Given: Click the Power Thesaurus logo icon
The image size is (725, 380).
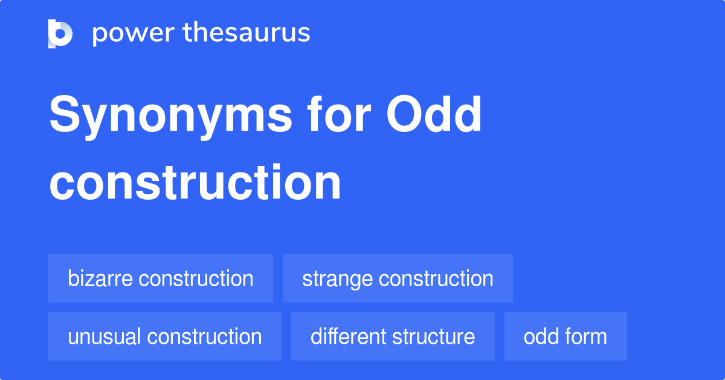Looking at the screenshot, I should coord(60,33).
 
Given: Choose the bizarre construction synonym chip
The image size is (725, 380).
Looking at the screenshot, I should coord(161,278).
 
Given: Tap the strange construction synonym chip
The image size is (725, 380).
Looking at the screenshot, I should coord(398,278).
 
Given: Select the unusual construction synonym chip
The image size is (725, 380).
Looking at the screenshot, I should coord(165,336).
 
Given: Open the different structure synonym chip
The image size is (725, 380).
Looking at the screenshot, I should coord(393,336).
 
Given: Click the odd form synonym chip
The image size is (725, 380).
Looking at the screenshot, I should coord(565,336).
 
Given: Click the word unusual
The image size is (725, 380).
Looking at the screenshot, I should coord(105,336).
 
